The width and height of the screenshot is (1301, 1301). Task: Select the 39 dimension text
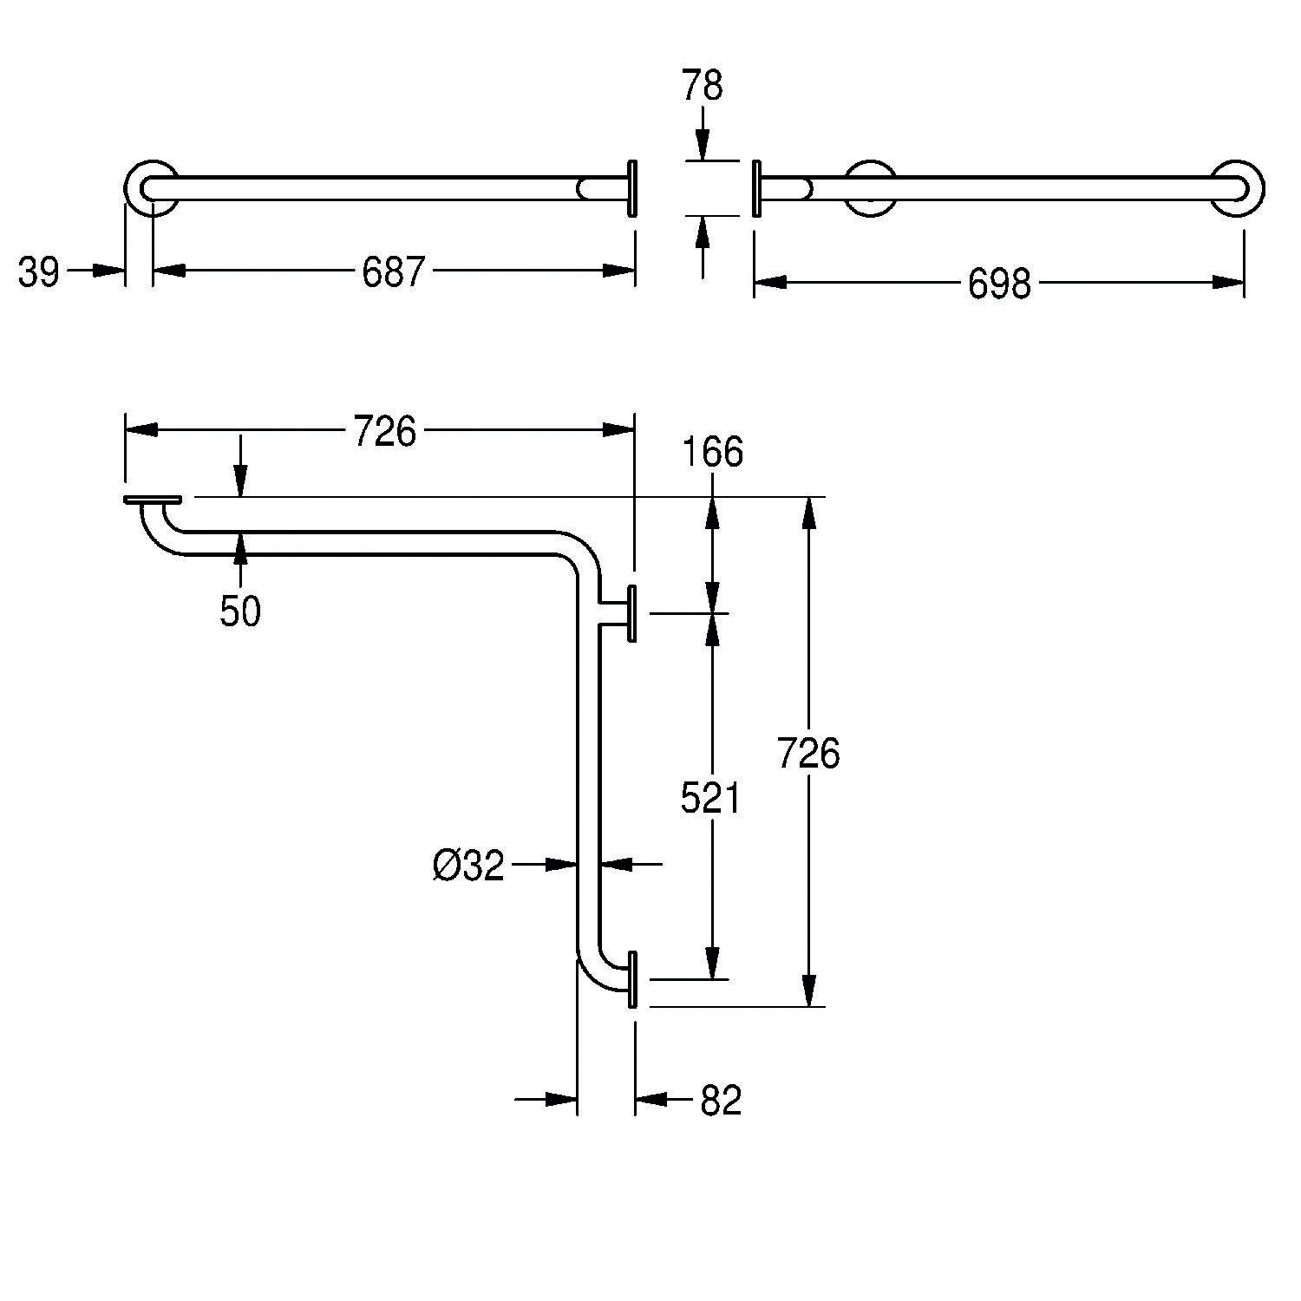click(39, 273)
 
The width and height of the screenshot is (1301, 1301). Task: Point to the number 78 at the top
click(702, 87)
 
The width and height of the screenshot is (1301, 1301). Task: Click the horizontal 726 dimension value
click(385, 431)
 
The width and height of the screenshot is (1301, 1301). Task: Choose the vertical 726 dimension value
click(808, 753)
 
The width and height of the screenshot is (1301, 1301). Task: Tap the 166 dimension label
click(712, 453)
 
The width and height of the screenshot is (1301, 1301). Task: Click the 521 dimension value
click(710, 799)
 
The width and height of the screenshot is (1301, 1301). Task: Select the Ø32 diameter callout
click(468, 866)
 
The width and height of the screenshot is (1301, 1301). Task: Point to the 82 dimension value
click(721, 1101)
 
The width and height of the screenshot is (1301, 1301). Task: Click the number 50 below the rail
click(240, 612)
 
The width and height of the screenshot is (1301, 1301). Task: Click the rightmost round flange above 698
click(1238, 187)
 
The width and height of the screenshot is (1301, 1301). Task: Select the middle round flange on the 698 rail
click(870, 187)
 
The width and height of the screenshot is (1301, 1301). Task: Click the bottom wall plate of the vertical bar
click(632, 979)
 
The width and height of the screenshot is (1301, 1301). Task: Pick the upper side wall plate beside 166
click(632, 612)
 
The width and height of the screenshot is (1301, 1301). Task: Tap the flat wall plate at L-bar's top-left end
click(153, 500)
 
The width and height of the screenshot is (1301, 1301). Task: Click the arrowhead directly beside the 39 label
click(109, 271)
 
